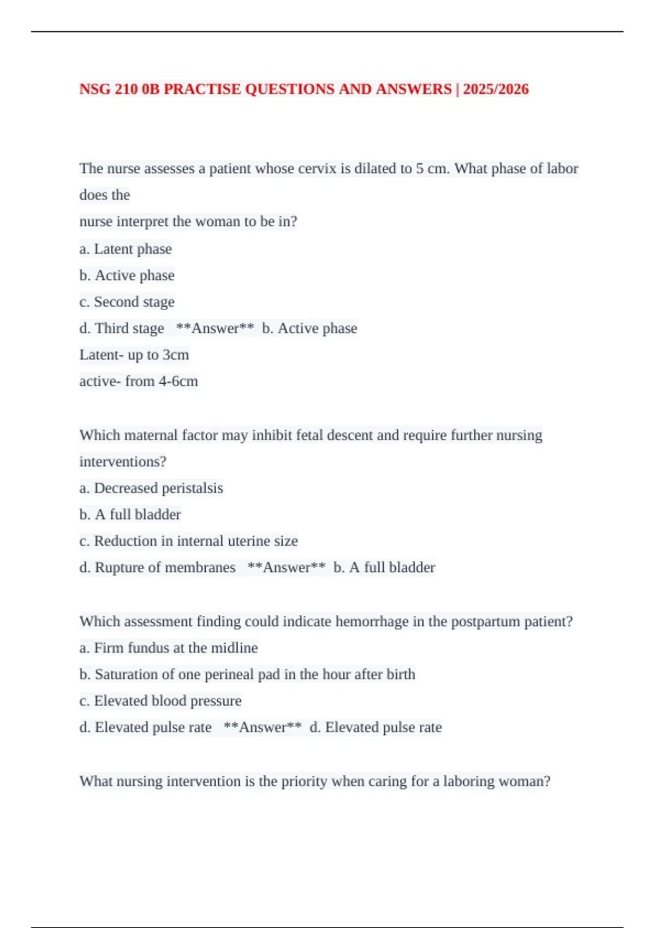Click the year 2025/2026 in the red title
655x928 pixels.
tap(496, 89)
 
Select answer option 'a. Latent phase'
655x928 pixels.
tap(126, 249)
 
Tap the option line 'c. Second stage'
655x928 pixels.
tap(127, 302)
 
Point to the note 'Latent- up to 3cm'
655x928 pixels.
tap(134, 355)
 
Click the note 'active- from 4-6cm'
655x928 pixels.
tap(139, 381)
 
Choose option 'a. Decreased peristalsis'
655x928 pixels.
tap(151, 488)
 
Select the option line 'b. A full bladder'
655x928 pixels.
tap(130, 514)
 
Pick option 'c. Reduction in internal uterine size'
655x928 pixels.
tap(189, 541)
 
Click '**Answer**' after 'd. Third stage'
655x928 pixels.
tap(215, 328)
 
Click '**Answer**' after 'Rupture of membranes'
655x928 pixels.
tap(287, 567)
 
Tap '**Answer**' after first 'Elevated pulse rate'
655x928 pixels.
tap(263, 727)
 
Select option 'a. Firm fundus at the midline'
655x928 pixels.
tap(169, 648)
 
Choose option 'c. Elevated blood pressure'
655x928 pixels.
tap(160, 701)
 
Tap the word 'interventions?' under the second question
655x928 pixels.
tap(123, 462)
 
